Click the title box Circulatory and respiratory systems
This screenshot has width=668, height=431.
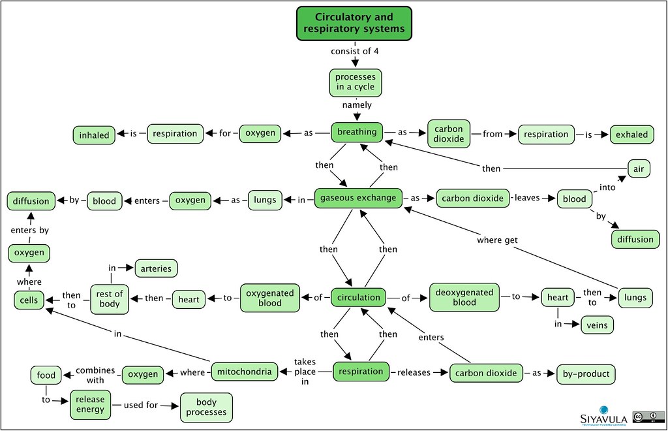tap(354, 24)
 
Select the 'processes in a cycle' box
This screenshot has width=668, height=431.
tap(356, 83)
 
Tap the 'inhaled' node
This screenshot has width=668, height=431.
tap(94, 135)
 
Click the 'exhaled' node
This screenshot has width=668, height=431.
tap(631, 135)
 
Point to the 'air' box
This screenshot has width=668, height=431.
tap(639, 169)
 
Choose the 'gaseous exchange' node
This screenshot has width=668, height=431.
tap(358, 198)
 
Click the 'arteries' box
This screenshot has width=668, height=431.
tap(156, 268)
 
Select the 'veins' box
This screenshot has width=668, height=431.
tap(597, 325)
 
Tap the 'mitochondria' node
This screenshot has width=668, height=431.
tap(245, 372)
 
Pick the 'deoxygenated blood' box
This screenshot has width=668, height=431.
tap(464, 297)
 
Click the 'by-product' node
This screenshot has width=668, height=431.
tap(586, 374)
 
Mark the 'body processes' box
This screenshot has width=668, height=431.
tap(206, 407)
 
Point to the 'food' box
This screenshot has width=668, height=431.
tap(46, 375)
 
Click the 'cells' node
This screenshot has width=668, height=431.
tap(29, 300)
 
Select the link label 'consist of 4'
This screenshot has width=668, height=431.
tap(354, 51)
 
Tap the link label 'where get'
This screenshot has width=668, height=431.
tap(497, 240)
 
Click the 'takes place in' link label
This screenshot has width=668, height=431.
tap(305, 372)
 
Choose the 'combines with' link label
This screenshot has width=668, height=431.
tap(95, 375)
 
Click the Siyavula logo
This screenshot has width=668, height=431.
tap(603, 415)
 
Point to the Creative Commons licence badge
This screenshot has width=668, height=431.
tap(648, 417)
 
